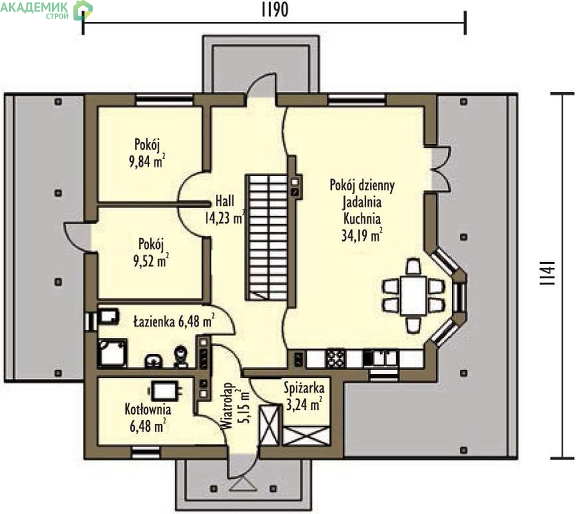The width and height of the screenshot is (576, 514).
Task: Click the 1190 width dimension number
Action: click(275, 10)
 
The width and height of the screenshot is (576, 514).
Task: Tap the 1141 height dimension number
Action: click(548, 274)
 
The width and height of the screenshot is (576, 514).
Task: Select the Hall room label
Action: click(225, 201)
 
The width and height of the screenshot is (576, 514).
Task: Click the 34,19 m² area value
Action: click(362, 235)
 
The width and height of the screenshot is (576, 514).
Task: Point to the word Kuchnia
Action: click(362, 218)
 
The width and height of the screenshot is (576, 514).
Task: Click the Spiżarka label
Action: click(304, 388)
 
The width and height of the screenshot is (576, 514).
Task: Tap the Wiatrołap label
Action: click(228, 406)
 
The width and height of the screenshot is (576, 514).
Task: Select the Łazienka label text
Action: click(154, 322)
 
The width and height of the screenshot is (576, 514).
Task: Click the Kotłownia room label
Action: click(148, 409)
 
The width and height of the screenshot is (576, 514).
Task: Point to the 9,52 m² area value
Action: click(151, 261)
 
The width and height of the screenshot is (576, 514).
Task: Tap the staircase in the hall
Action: click(266, 238)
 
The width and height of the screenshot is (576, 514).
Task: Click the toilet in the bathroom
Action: click(180, 357)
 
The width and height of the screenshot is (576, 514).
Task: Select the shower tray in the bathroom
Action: click(112, 353)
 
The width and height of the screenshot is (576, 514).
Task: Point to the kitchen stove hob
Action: click(335, 359)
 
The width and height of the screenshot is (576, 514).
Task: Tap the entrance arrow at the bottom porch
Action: click(243, 484)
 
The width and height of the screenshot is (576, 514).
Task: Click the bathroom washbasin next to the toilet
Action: click(154, 360)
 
